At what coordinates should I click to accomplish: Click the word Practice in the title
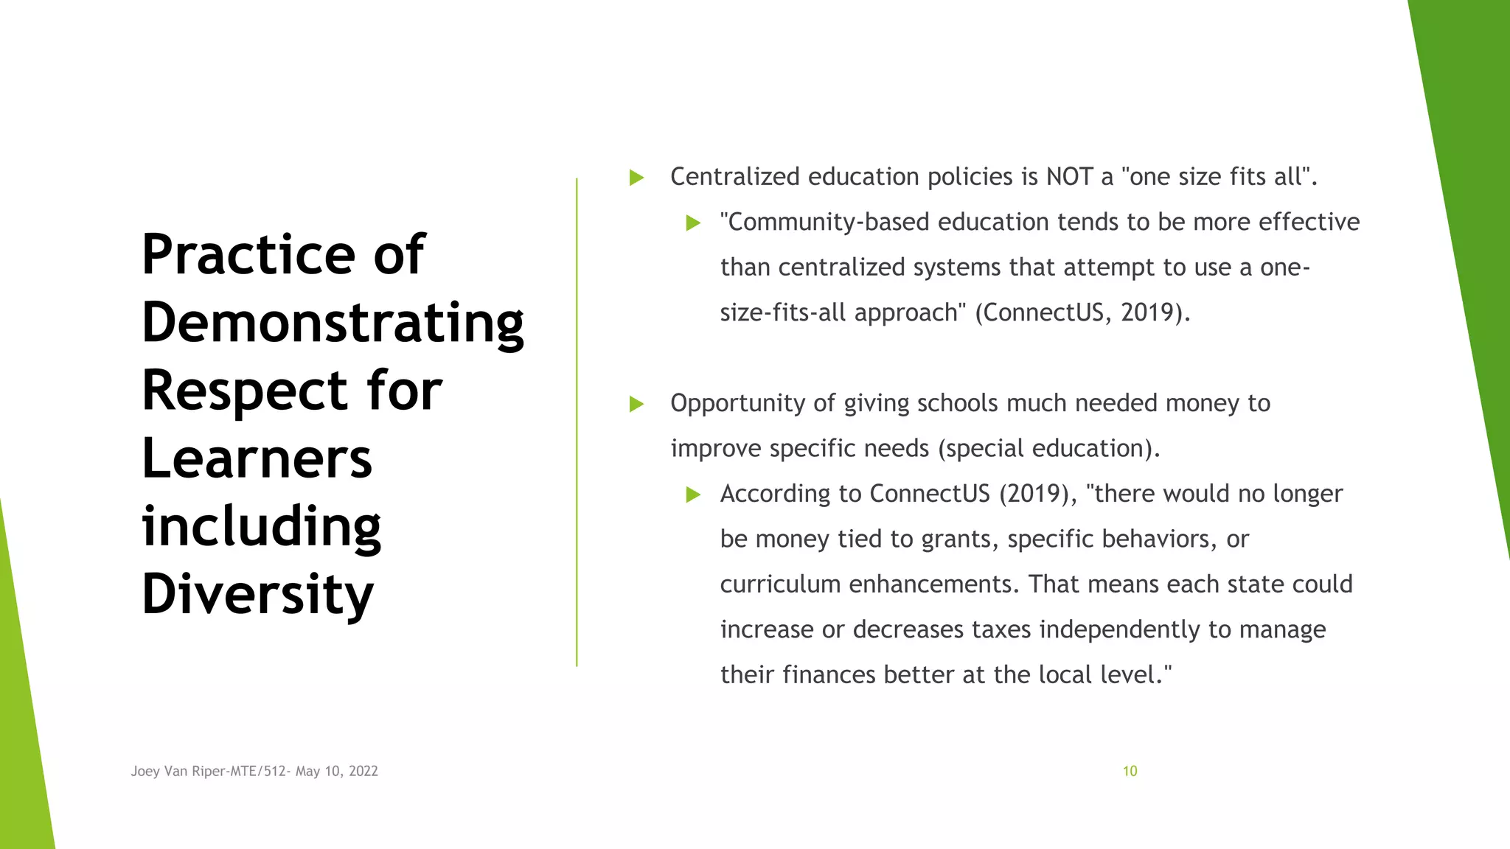click(x=248, y=255)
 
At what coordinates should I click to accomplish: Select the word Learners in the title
click(x=257, y=459)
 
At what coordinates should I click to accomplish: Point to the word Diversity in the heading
click(x=257, y=595)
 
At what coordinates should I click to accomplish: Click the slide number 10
click(x=1130, y=771)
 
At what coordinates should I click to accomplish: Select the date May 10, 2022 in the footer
click(x=337, y=771)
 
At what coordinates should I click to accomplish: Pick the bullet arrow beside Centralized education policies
click(x=637, y=178)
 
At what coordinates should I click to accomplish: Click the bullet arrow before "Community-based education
click(x=693, y=223)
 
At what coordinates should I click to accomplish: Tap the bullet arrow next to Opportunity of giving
click(x=637, y=404)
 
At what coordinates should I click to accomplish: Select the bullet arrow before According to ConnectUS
click(x=693, y=495)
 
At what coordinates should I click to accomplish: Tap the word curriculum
click(x=780, y=584)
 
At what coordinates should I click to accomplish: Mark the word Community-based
click(x=824, y=222)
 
